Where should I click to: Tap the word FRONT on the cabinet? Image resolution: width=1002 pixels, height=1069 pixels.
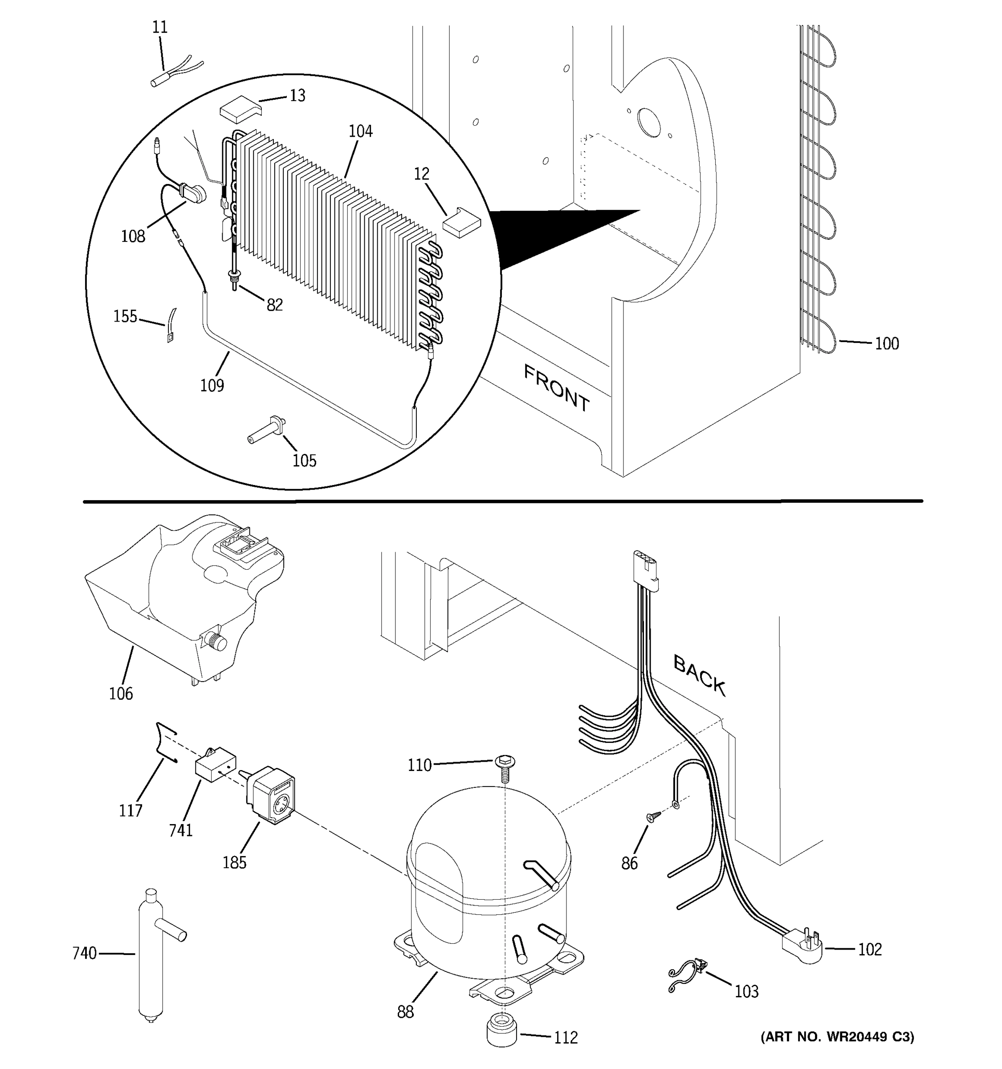coord(556,388)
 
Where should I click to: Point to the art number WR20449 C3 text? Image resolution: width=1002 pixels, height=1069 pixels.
coord(837,1037)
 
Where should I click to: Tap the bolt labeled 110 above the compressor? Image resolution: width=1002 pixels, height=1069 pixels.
coord(504,767)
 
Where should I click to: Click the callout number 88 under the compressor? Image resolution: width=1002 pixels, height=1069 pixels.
coord(405,1012)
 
